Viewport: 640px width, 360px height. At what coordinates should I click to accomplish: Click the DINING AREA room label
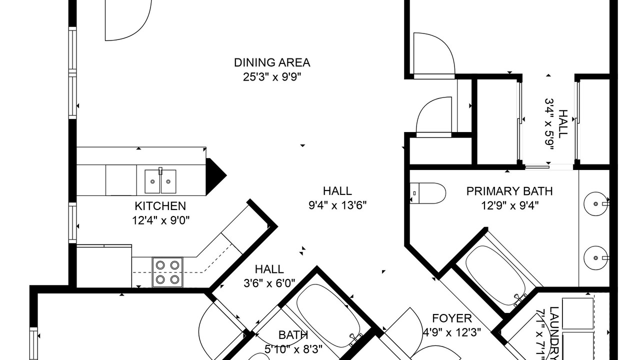point(272,62)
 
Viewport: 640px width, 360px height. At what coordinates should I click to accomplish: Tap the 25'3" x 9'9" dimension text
point(272,77)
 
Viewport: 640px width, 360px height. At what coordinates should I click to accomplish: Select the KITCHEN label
point(160,206)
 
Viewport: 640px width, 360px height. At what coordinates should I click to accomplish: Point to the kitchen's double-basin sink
point(160,181)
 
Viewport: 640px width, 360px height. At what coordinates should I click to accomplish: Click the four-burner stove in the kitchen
point(167,272)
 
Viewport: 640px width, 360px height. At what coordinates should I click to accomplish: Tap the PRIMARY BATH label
point(509,191)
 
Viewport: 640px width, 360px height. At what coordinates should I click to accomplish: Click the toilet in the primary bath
point(427,193)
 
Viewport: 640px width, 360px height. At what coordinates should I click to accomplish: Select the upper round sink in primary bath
point(596,203)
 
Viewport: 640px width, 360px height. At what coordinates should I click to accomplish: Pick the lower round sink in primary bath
point(596,257)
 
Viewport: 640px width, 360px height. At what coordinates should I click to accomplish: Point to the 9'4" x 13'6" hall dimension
point(337,205)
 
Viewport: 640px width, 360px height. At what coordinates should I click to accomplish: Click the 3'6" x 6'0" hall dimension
point(269,283)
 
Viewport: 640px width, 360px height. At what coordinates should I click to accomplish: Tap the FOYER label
point(451,318)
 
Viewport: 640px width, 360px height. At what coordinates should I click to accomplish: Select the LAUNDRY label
point(554,333)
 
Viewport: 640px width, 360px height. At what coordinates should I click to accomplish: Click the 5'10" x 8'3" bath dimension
point(293,349)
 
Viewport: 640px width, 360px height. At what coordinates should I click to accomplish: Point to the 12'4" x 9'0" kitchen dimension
point(161,220)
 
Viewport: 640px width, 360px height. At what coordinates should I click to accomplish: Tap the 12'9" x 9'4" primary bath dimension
point(510,205)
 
